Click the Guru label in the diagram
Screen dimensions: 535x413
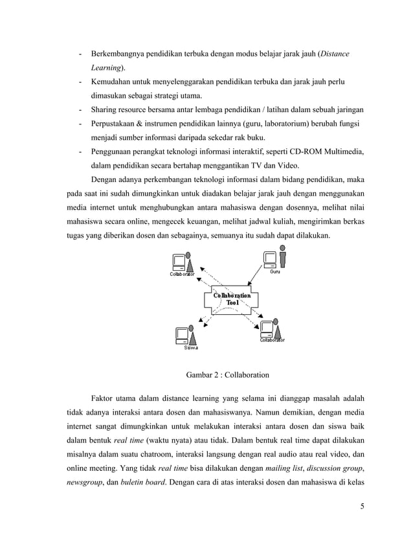(x=275, y=272)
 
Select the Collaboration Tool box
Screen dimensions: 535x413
(x=231, y=299)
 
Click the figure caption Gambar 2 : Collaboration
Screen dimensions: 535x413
(x=228, y=374)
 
